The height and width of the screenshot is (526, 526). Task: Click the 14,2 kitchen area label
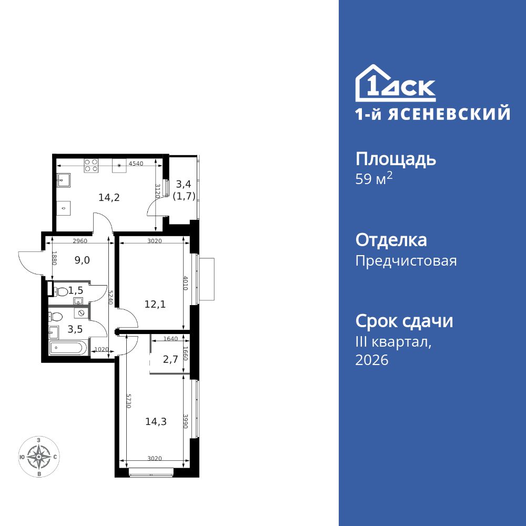coord(109,198)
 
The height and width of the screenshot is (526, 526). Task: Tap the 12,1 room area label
coord(155,304)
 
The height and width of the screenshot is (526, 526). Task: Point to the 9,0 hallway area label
coord(82,259)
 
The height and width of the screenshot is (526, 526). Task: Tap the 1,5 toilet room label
coord(76,290)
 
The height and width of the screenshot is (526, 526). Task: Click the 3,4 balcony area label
coord(184,184)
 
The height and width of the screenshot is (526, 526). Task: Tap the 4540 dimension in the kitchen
coord(136,164)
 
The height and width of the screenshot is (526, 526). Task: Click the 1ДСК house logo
coord(396,84)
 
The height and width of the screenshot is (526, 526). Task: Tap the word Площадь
coord(396,159)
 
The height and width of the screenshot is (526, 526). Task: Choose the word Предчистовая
coord(406,260)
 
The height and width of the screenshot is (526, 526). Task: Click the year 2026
coord(372,360)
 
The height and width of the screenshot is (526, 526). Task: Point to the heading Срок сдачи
coord(404,321)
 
